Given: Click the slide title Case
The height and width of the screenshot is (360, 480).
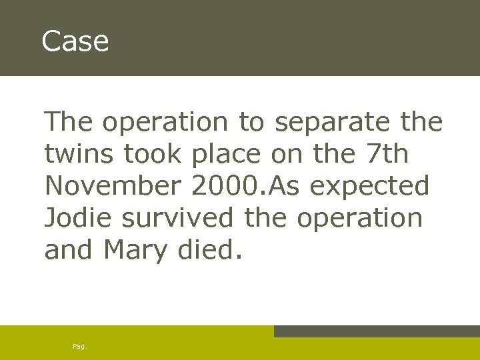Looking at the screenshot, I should point(75,41).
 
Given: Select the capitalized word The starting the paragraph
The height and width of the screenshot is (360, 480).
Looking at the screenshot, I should point(69,122).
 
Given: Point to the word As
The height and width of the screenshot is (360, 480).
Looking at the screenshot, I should point(283,186).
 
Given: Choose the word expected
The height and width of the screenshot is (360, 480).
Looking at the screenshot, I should point(371,187).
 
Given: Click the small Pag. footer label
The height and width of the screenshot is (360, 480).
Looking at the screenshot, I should point(80,346).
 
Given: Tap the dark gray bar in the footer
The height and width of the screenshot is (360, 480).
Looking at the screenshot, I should point(377,331).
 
